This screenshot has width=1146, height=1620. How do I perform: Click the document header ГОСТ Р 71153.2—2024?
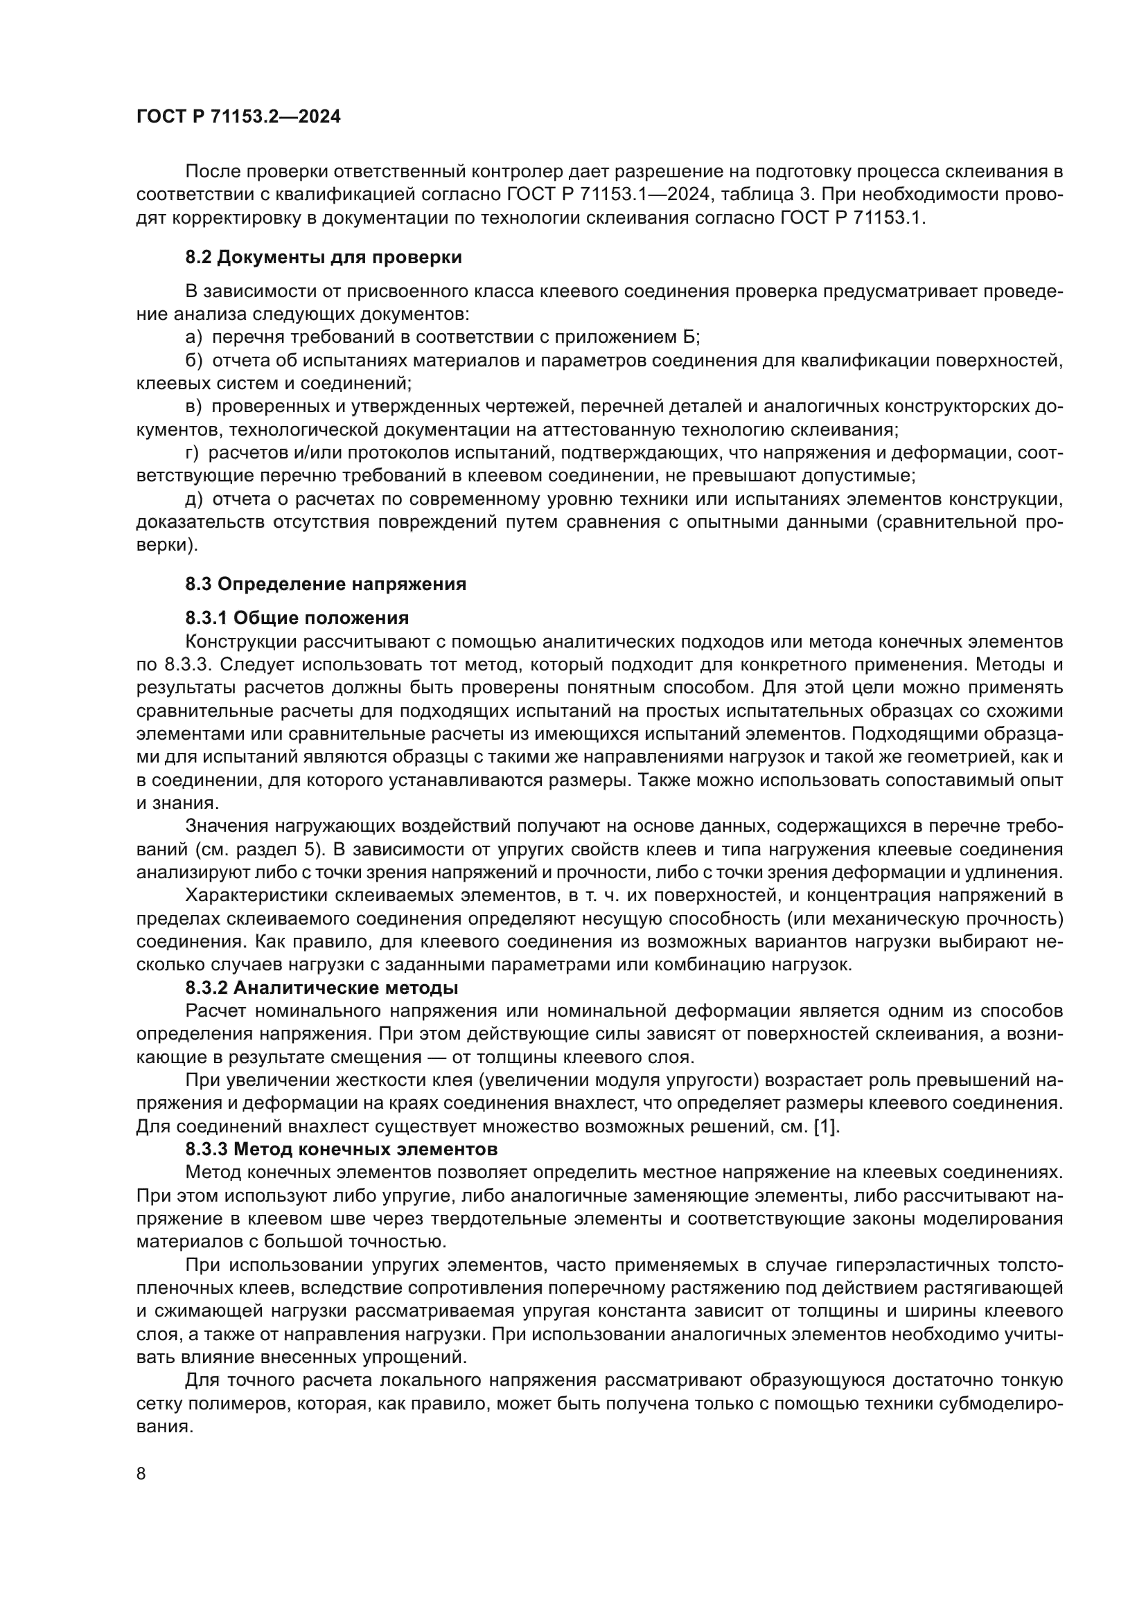coord(238,117)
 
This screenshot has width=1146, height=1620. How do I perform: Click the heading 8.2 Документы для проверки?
coord(324,258)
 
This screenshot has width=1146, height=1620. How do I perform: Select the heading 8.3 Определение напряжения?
coord(326,585)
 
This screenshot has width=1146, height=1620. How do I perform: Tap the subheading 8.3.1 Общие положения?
coord(297,618)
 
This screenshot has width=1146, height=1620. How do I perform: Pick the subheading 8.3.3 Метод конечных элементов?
coord(342,1150)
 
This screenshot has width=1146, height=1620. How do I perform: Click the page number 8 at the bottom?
coord(141,1474)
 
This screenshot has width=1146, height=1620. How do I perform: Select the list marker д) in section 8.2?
coord(194,499)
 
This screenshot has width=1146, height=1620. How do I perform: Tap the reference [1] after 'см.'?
coord(827,1127)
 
